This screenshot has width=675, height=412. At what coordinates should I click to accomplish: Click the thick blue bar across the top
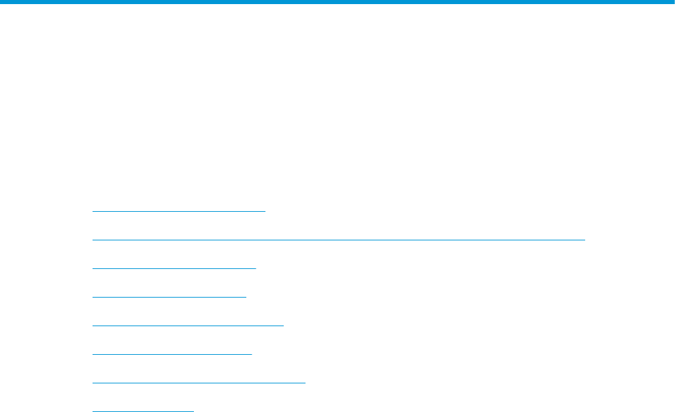[x=337, y=2]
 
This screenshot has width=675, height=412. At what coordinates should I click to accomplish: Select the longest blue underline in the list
[x=338, y=239]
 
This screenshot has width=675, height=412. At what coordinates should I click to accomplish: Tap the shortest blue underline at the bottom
[x=143, y=411]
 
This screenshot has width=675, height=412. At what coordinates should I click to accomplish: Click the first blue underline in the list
[x=178, y=210]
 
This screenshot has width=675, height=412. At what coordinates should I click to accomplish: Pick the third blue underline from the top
[x=174, y=268]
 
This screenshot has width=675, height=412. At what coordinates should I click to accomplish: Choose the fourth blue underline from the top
[x=169, y=296]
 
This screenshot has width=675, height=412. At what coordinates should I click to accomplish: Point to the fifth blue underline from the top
[x=187, y=325]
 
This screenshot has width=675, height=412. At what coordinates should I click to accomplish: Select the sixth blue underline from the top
[x=171, y=353]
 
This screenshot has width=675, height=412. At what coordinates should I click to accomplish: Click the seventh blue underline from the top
[x=199, y=382]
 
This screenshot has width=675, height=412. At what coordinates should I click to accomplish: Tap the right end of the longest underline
[x=584, y=239]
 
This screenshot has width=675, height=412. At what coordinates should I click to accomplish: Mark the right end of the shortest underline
[x=193, y=411]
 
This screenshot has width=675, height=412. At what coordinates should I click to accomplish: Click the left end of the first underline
[x=93, y=210]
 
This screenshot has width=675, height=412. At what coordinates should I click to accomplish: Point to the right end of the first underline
[x=264, y=210]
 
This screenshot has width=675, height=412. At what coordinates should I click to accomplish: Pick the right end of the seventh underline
[x=305, y=382]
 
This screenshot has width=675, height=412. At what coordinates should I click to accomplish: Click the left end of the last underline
[x=93, y=411]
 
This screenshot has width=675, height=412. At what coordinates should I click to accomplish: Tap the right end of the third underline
[x=255, y=268]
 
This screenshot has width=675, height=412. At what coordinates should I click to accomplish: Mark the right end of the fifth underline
[x=282, y=325]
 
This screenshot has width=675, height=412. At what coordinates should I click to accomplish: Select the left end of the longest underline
[x=93, y=239]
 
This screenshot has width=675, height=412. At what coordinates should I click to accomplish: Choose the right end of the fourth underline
[x=246, y=296]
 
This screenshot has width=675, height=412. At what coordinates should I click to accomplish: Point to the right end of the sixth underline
[x=251, y=353]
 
